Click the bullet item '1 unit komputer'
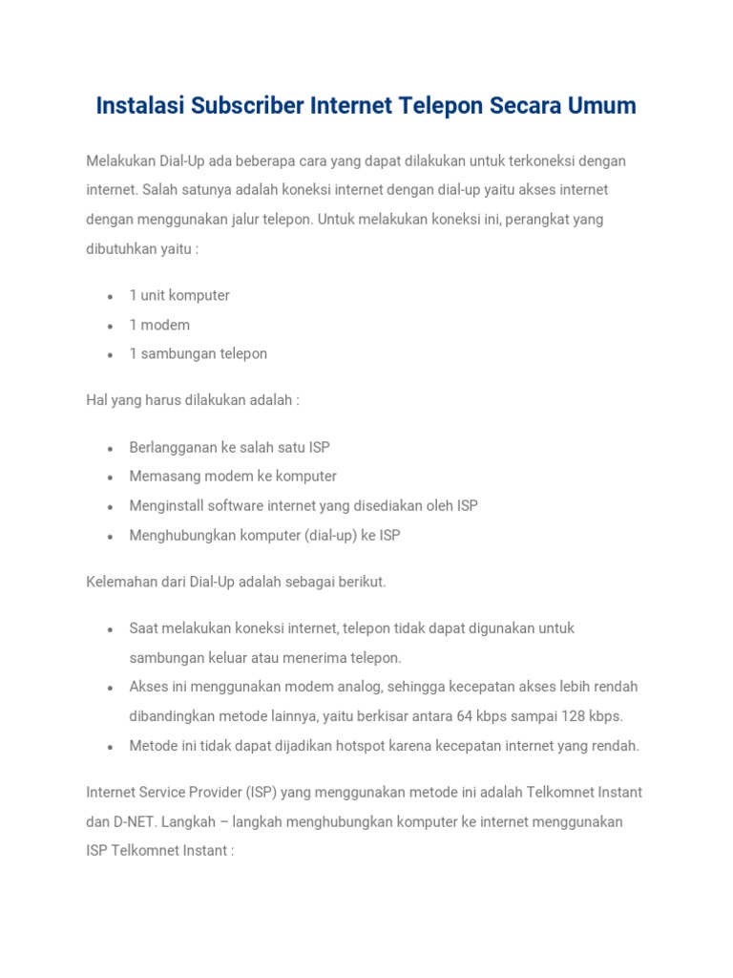pyautogui.click(x=179, y=295)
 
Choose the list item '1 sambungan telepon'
pyautogui.click(x=198, y=353)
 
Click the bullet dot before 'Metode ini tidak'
pyautogui.click(x=111, y=747)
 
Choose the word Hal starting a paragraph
pyautogui.click(x=96, y=400)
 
